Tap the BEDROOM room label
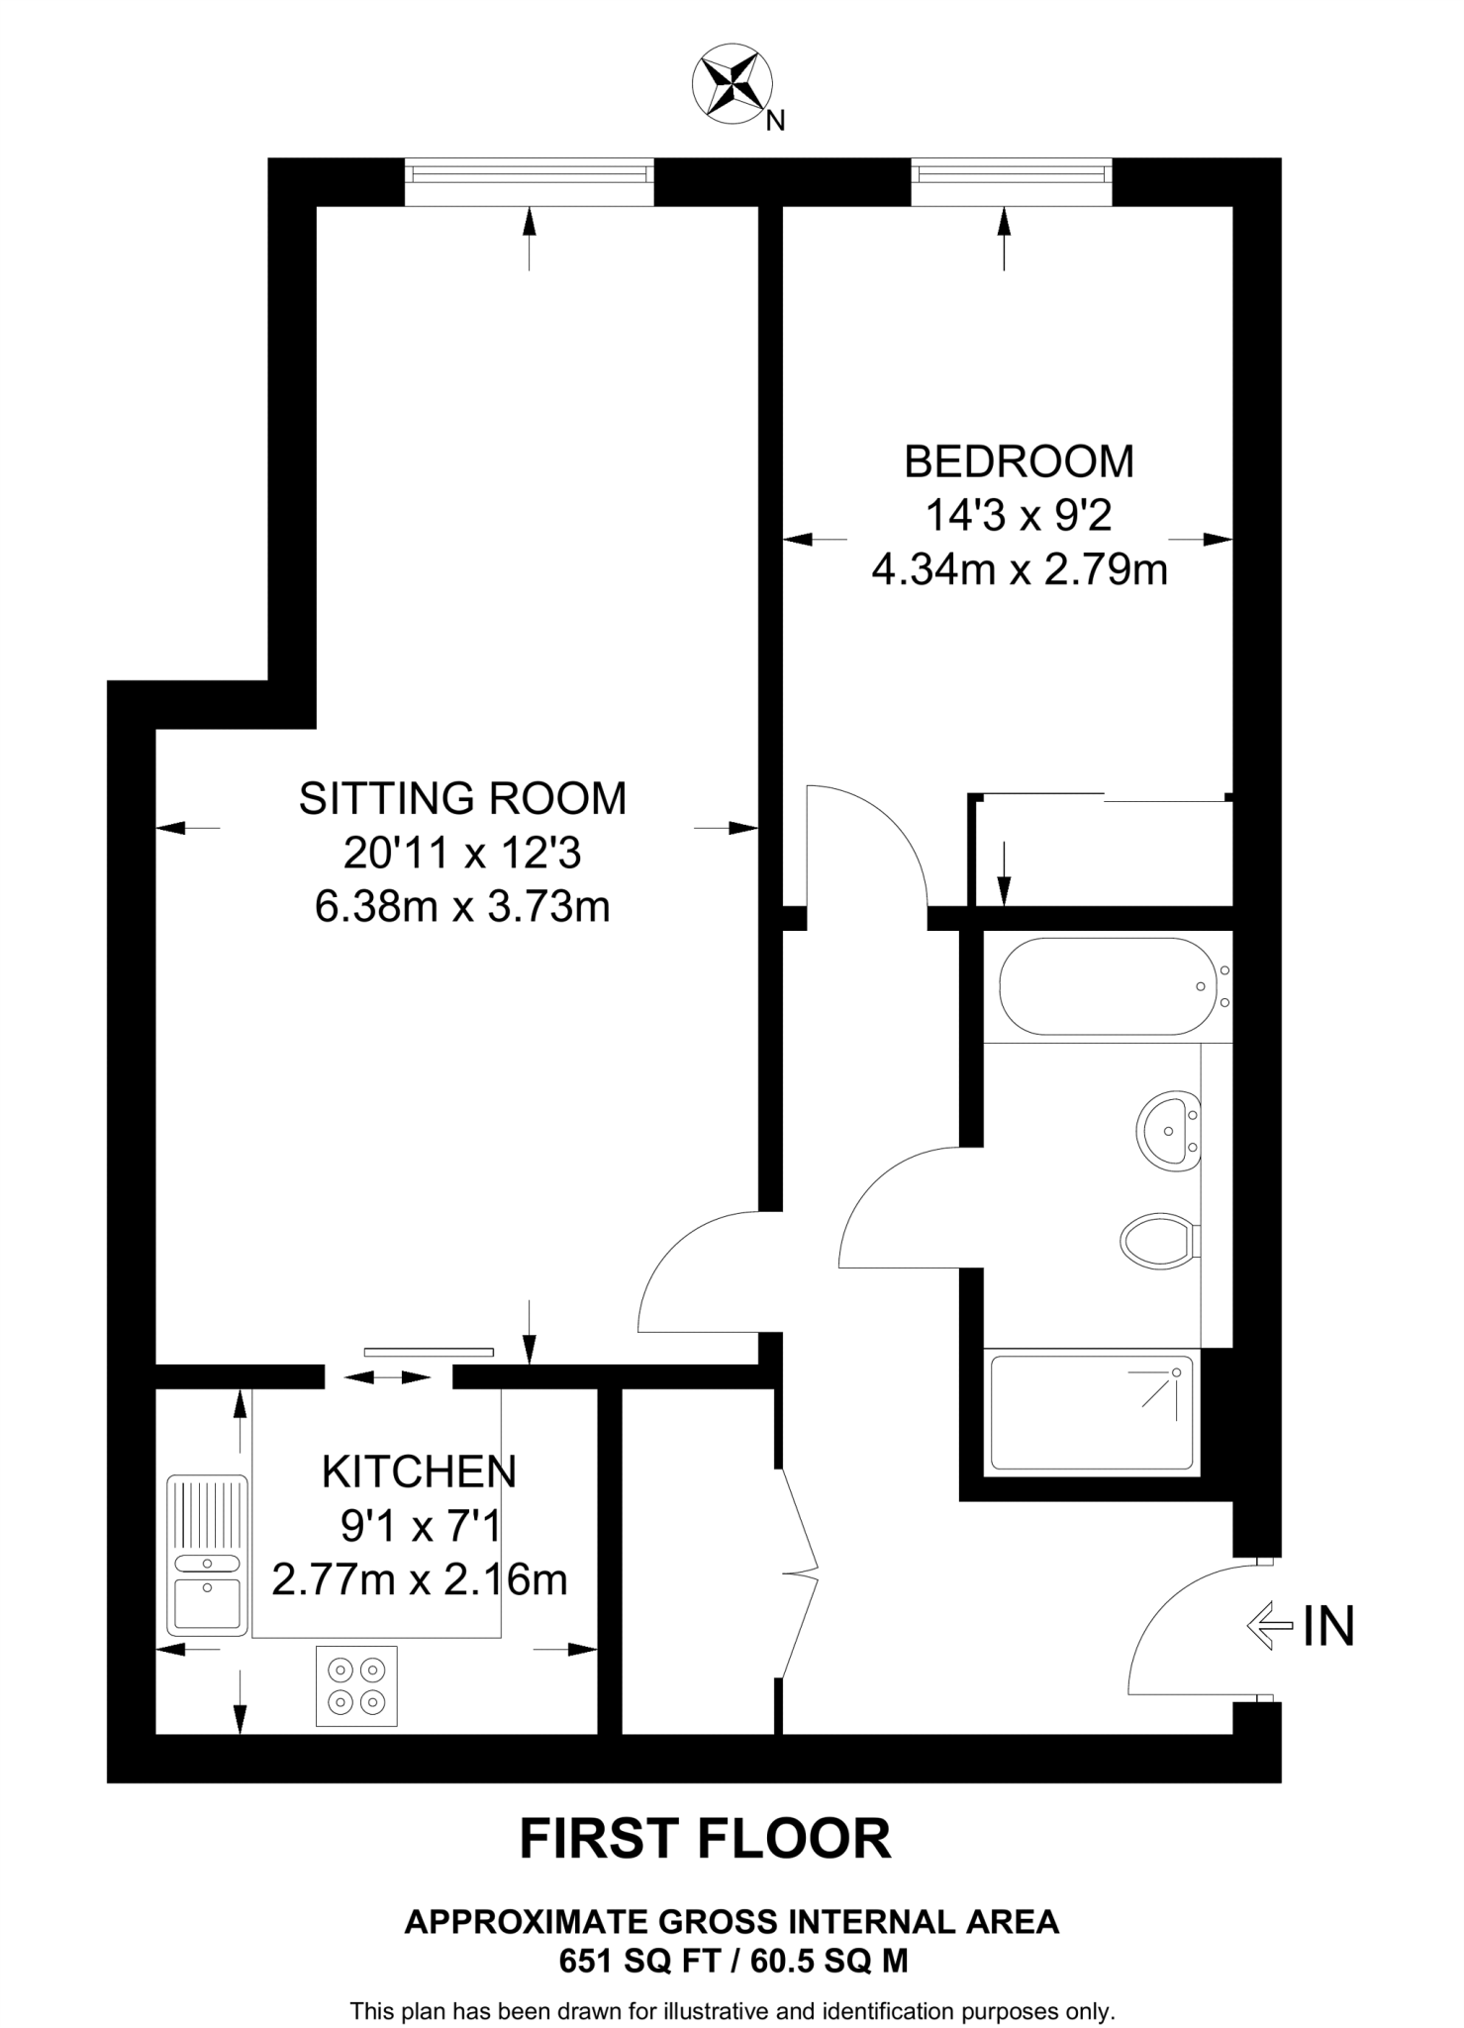[1019, 461]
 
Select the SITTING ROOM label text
[462, 798]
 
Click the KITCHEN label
[419, 1472]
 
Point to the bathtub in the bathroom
[1107, 986]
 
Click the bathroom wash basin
[1170, 1130]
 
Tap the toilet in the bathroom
[1159, 1241]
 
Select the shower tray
[1092, 1413]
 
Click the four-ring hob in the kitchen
[356, 1686]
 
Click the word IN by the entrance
[1328, 1627]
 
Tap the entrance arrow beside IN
[1269, 1627]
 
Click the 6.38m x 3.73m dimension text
[462, 907]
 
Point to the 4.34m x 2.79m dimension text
[1020, 570]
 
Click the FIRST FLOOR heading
[705, 1839]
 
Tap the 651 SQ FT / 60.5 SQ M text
[733, 1961]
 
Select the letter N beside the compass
[776, 121]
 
